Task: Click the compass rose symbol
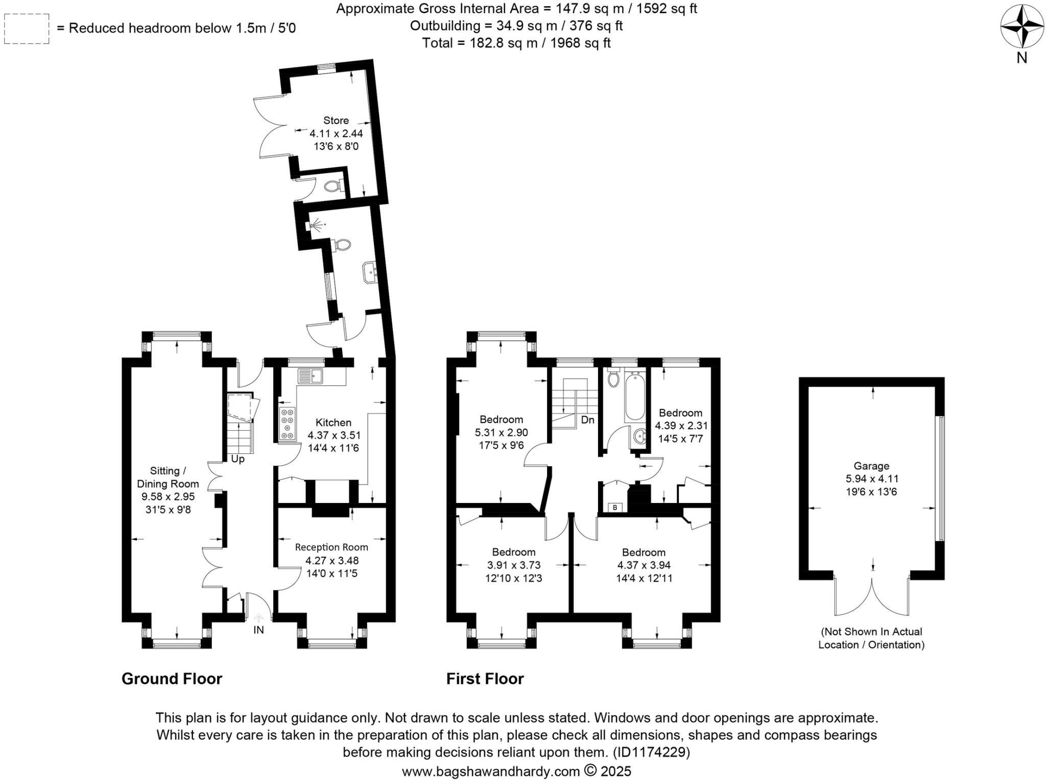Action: [1021, 26]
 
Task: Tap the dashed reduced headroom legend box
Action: [27, 29]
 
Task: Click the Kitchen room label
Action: [334, 423]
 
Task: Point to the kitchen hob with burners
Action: [287, 423]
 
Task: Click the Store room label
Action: [336, 121]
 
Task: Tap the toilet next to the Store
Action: [334, 186]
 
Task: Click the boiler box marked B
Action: [615, 508]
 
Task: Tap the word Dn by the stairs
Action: [588, 420]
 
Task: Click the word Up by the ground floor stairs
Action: [237, 459]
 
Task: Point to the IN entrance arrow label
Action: [258, 630]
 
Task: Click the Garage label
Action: [871, 466]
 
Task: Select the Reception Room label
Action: [331, 547]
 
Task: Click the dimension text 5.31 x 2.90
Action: [501, 432]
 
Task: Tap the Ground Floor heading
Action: [172, 679]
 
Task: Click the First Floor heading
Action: [485, 679]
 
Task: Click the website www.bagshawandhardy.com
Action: [490, 771]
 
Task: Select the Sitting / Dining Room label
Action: [168, 477]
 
